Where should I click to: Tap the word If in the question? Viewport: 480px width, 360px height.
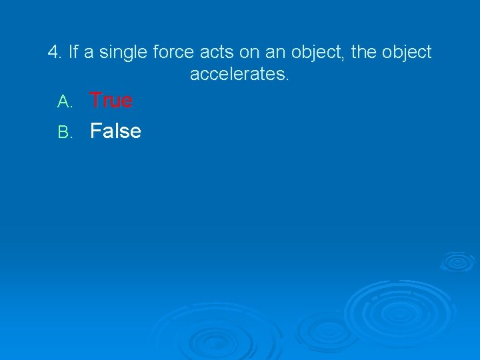click(73, 52)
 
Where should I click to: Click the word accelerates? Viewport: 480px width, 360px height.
click(240, 74)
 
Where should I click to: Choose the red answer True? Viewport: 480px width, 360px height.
click(111, 101)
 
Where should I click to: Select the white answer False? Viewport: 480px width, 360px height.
click(115, 131)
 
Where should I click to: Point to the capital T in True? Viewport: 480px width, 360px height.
click(96, 101)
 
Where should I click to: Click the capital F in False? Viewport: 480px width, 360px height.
click(96, 131)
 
